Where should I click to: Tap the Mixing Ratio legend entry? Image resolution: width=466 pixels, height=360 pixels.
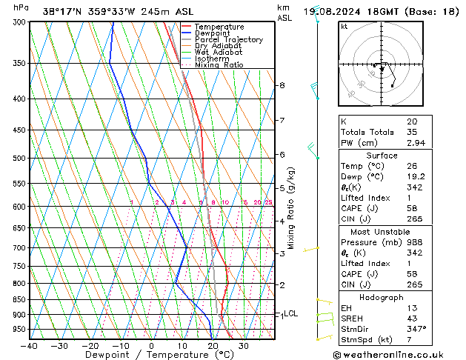[219, 65]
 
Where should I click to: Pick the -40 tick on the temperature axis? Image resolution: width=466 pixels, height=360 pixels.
[30, 345]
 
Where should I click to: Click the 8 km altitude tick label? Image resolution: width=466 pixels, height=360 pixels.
[282, 85]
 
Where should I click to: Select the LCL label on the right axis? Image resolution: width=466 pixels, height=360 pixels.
[291, 313]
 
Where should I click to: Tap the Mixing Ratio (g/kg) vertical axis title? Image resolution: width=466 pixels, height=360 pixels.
[291, 207]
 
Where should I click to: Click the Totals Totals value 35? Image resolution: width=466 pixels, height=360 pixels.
[411, 132]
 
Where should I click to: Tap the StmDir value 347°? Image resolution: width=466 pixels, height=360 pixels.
[416, 328]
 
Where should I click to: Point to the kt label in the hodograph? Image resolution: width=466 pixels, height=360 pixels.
[344, 26]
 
